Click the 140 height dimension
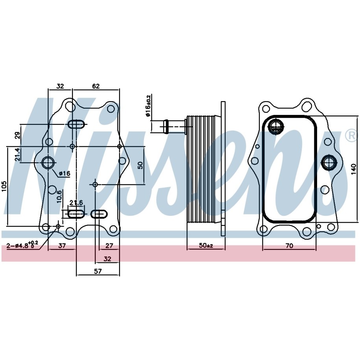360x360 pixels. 354,169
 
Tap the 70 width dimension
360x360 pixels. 290,246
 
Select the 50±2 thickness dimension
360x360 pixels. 206,246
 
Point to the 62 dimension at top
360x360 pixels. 96,86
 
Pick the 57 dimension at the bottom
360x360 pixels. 98,271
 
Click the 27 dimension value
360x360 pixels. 109,246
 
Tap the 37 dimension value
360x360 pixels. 62,246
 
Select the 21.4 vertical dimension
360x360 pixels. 17,154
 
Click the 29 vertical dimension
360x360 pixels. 17,135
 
